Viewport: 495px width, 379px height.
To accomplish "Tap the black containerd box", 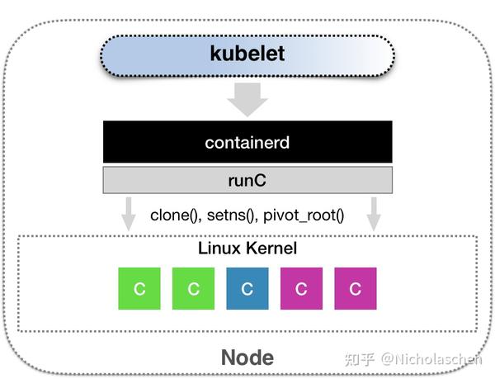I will [x=247, y=142].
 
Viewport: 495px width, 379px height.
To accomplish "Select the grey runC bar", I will [x=247, y=178].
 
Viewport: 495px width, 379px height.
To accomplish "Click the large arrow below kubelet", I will [x=247, y=99].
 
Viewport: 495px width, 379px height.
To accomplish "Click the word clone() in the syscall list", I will [x=175, y=216].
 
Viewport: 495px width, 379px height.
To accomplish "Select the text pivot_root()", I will [x=305, y=216].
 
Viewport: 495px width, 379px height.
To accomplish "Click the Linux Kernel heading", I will [x=247, y=248].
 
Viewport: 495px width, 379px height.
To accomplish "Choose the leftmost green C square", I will [x=139, y=289].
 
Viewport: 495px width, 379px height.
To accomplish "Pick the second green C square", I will [x=194, y=289].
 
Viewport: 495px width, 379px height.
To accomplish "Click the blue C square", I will [x=247, y=289].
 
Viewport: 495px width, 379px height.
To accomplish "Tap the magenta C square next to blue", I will [x=302, y=289].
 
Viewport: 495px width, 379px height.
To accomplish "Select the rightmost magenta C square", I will [x=356, y=289].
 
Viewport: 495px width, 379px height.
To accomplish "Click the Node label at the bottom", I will [x=247, y=358].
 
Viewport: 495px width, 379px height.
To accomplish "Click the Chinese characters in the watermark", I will [x=360, y=358].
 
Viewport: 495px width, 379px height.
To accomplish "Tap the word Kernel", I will [x=271, y=248].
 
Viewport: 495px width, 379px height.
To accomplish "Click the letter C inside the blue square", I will [x=247, y=290].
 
